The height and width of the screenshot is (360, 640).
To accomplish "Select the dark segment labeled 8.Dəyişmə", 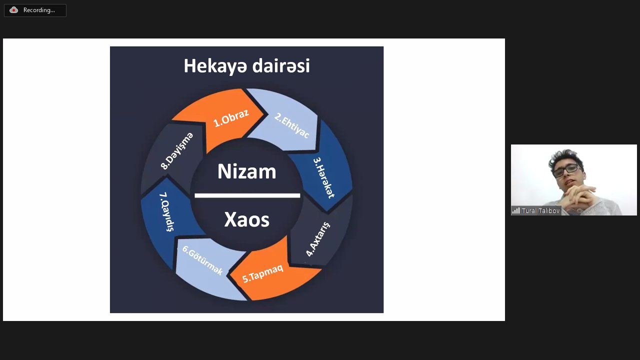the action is coord(174,154).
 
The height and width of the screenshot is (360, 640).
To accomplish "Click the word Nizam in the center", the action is coord(247,171).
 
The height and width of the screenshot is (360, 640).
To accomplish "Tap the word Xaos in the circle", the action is coord(247,219).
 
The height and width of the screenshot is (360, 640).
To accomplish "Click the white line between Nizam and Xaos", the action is coord(247,195).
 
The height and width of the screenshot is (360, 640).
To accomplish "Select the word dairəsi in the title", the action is coord(281,65).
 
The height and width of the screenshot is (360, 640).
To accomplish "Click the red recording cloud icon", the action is coord(13,10).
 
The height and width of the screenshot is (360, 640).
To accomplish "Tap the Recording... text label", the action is coord(39,10).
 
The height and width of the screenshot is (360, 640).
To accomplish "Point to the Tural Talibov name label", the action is coord(540,211).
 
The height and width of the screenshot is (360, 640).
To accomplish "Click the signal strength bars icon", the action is coord(516,211).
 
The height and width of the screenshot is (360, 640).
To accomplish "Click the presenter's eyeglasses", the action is coord(566,170).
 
